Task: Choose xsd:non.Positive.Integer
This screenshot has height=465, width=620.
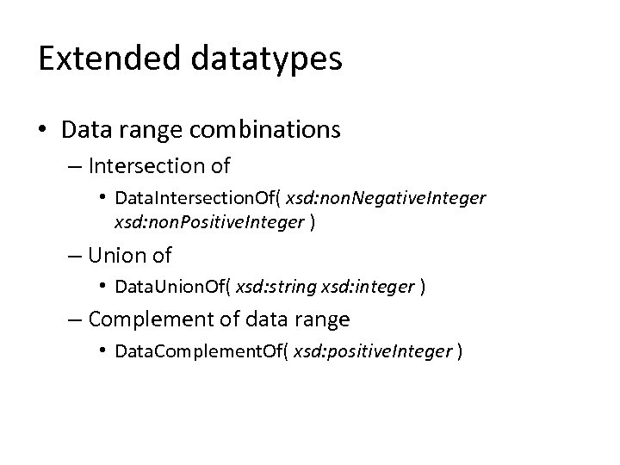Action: [x=208, y=222]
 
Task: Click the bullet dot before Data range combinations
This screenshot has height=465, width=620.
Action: [x=43, y=130]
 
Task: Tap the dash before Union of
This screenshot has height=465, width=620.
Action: [x=76, y=256]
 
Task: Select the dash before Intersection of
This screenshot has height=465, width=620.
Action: [x=76, y=164]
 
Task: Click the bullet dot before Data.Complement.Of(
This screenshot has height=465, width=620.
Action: [x=103, y=351]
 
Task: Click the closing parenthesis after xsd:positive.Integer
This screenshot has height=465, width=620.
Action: [x=462, y=351]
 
